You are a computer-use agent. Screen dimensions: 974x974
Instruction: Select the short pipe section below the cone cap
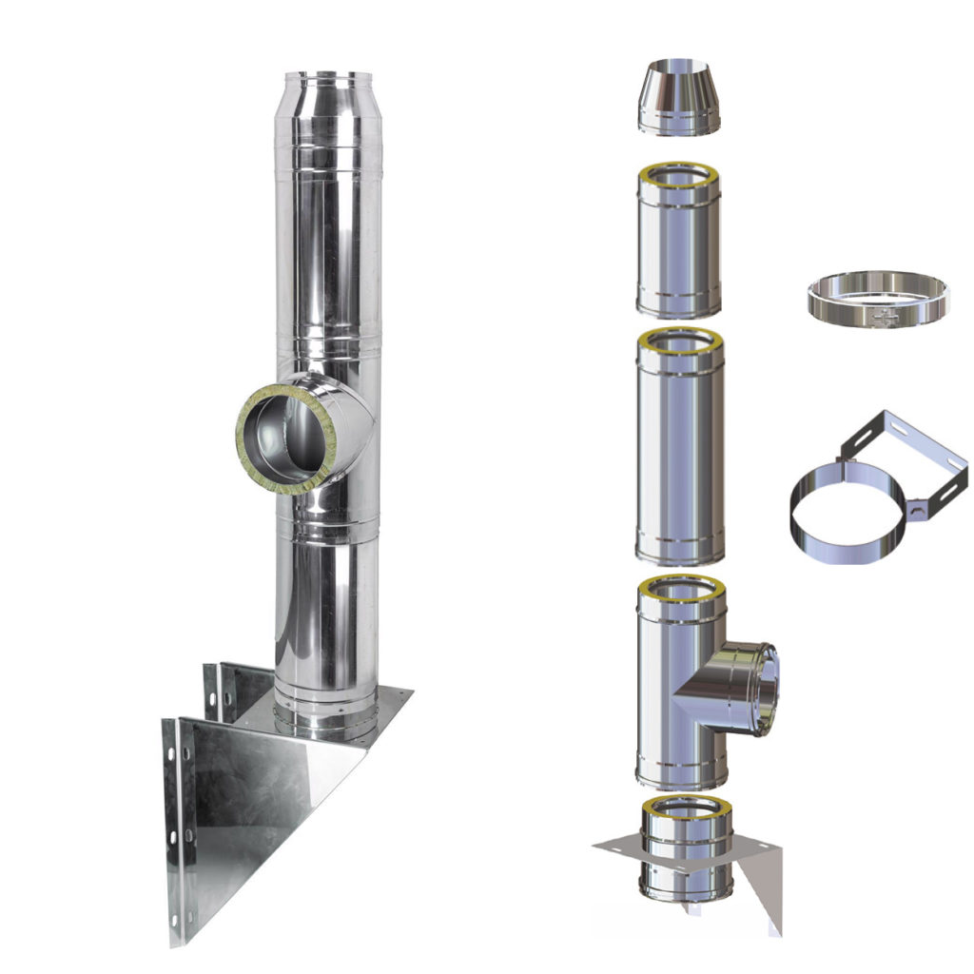tap(678, 247)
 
